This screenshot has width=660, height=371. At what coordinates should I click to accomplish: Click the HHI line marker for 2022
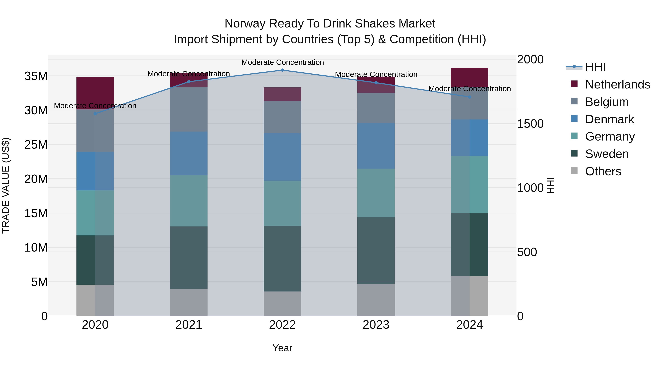click(282, 70)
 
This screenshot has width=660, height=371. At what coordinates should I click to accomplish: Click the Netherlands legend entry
click(617, 84)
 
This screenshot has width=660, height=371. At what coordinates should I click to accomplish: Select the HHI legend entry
click(595, 67)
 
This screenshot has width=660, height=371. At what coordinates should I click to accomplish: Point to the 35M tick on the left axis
click(36, 76)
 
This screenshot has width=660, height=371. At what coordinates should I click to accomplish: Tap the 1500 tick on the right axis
click(530, 124)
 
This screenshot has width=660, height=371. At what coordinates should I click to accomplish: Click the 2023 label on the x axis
click(376, 325)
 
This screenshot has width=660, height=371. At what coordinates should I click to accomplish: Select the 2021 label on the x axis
click(189, 325)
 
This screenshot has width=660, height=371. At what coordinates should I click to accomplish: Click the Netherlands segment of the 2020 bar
click(95, 93)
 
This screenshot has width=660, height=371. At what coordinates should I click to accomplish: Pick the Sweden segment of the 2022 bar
click(282, 259)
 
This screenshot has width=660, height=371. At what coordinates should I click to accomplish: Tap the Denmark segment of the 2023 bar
click(376, 146)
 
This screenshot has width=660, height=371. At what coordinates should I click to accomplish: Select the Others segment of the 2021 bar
click(189, 302)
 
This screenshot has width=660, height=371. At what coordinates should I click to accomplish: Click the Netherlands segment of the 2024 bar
click(469, 77)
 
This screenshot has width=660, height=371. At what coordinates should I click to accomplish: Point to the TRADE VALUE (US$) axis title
click(6, 185)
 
